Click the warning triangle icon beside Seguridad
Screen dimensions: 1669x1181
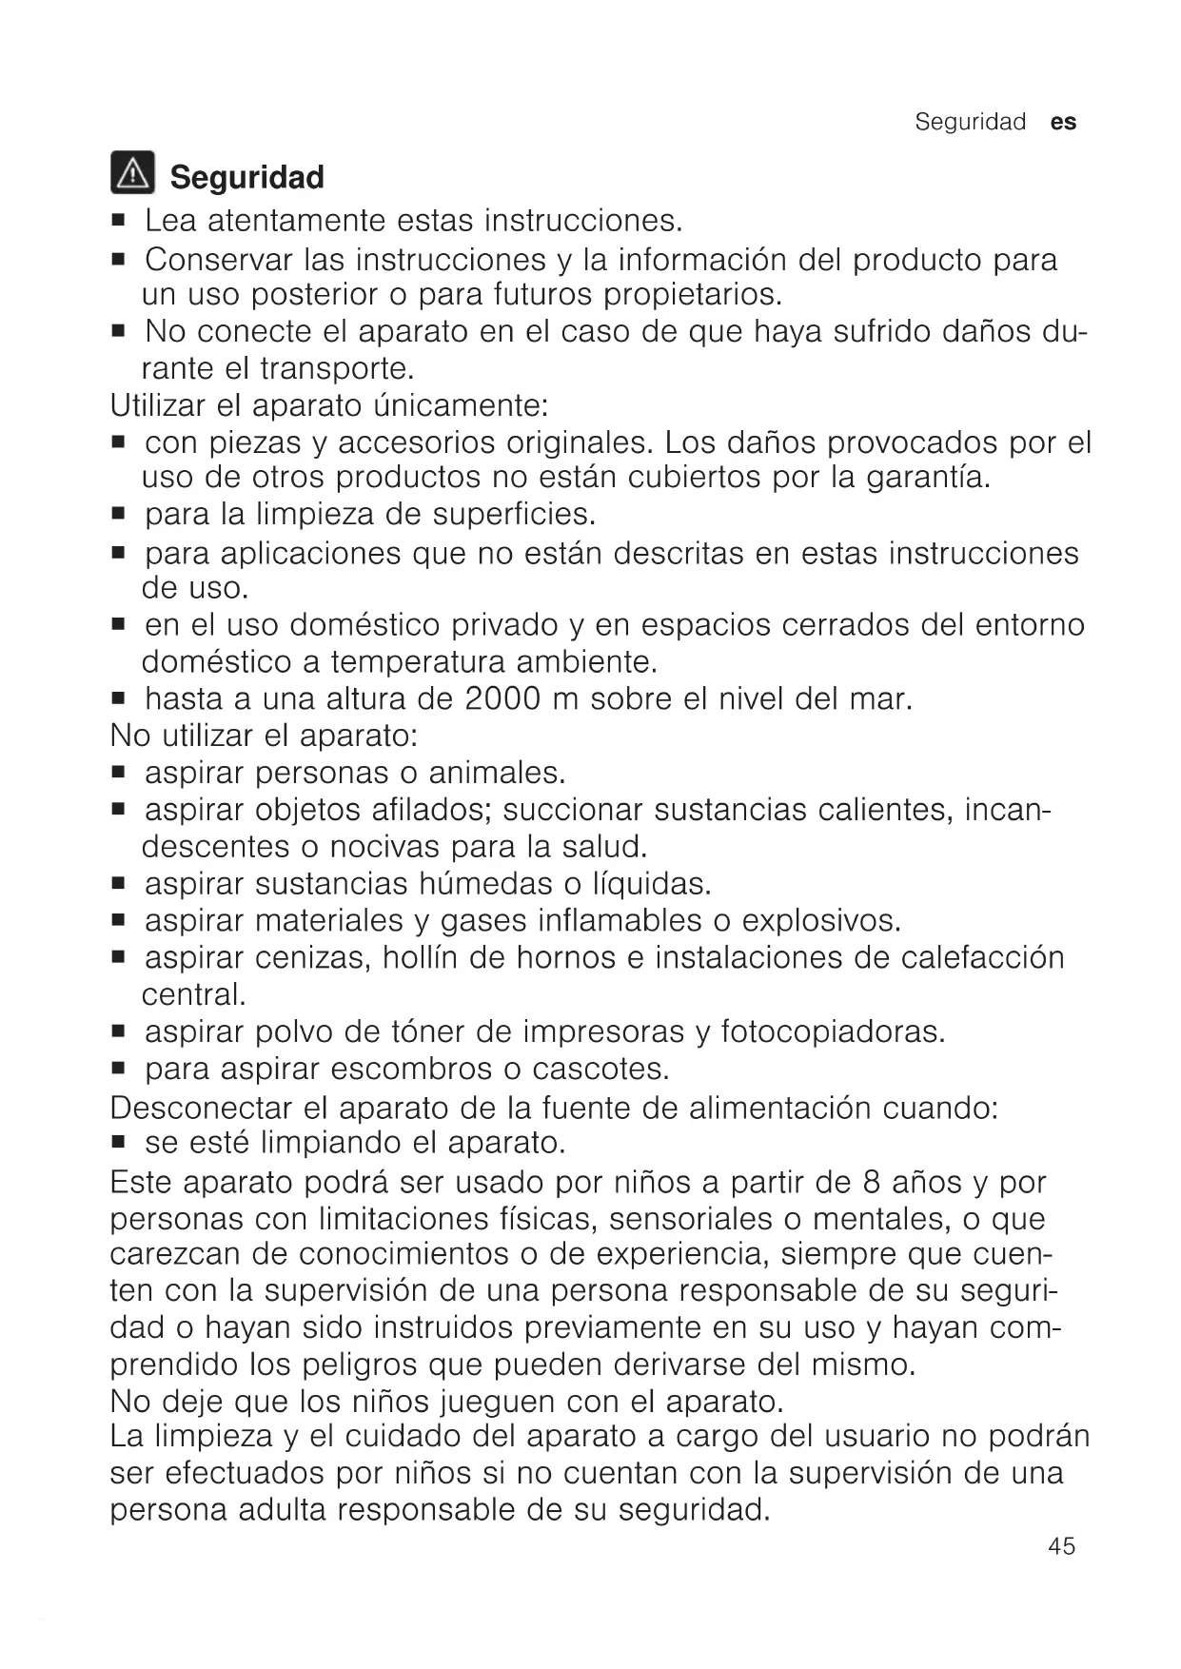[x=131, y=173]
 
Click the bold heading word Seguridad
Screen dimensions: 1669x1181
[x=246, y=177]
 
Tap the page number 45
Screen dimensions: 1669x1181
[x=1061, y=1546]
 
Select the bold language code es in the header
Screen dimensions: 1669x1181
[x=1064, y=122]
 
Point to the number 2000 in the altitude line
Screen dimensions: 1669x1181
[x=503, y=699]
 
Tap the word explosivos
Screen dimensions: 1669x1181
[x=820, y=921]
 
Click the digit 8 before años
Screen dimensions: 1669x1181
[x=872, y=1183]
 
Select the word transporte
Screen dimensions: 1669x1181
[x=337, y=368]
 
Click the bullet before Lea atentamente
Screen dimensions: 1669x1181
[x=118, y=222]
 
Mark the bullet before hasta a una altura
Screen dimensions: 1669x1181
[x=118, y=700]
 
